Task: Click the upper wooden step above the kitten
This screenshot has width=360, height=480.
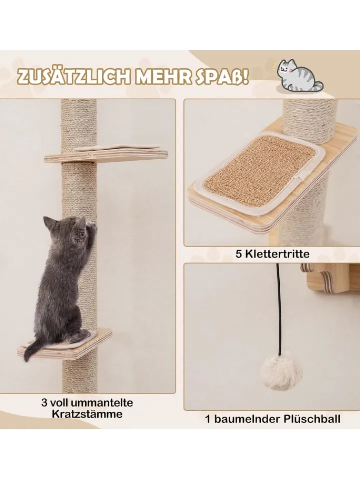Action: pos(106,154)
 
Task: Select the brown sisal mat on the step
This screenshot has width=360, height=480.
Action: pos(260,167)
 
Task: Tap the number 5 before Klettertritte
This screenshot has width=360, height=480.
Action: pos(239,254)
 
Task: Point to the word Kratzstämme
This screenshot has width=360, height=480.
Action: pos(87,414)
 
